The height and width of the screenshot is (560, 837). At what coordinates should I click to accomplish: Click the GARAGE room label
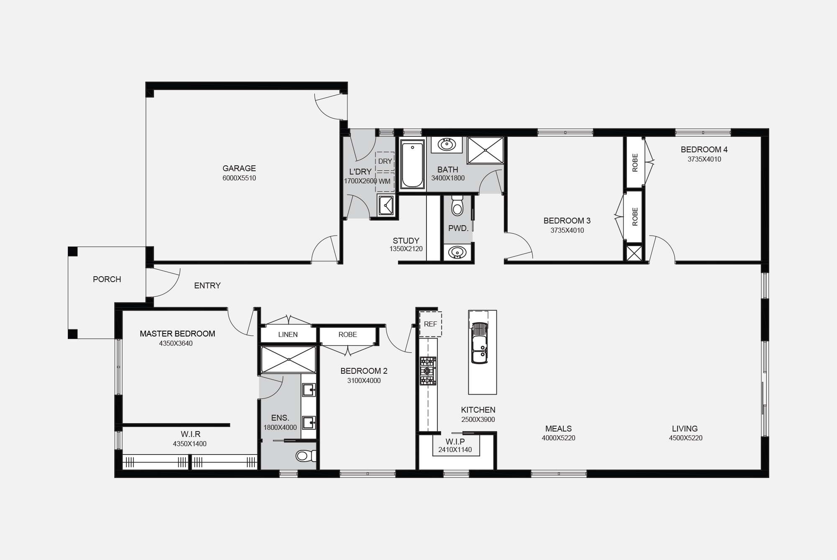point(239,168)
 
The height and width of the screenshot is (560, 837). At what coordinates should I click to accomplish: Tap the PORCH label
point(107,279)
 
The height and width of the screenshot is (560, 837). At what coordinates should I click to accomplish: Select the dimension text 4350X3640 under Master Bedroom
point(176,344)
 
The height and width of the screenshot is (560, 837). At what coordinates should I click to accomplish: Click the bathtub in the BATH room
point(412,164)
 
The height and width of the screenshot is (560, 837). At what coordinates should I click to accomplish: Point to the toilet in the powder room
point(457,205)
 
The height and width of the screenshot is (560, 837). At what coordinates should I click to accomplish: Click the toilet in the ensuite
point(306,455)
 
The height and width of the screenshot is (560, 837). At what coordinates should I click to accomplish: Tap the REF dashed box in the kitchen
point(431,324)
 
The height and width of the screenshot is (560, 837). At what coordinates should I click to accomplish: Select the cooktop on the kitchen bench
point(428,371)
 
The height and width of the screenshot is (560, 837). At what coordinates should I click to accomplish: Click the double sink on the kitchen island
point(479,343)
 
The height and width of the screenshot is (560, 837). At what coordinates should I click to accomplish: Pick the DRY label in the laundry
point(385,161)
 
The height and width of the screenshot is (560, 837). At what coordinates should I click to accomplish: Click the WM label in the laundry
point(385,181)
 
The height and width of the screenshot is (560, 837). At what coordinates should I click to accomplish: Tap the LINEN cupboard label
point(288,334)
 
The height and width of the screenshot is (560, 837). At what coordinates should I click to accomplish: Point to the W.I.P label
point(455,442)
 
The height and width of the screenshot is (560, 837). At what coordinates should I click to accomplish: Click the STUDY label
point(406,241)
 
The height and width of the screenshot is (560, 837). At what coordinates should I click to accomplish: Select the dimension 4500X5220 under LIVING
point(686,438)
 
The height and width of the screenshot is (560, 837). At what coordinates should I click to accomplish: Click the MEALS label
point(559,429)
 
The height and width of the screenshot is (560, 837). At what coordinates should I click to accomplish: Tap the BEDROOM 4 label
point(704,149)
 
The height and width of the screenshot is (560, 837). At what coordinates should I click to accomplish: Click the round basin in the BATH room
point(447,145)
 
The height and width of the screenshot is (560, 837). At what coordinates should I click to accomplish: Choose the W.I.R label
point(191,434)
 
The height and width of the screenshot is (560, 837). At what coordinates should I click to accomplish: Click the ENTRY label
point(208,285)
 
